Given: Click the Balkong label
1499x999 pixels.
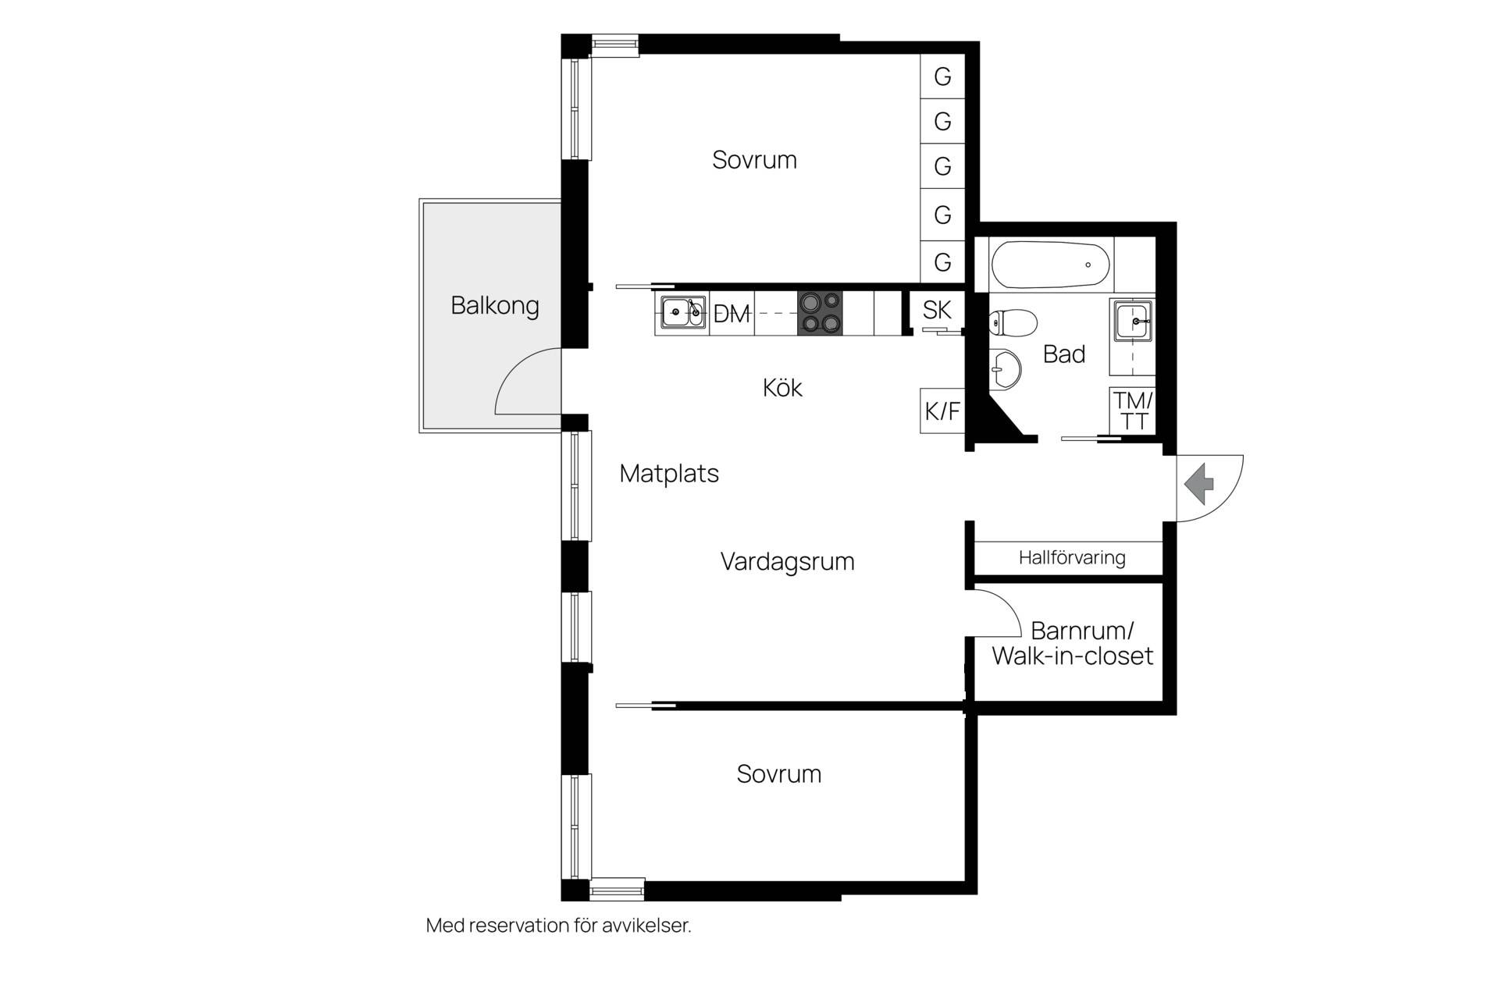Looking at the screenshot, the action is coord(495,305).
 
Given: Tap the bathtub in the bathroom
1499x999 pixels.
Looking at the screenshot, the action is coord(1050,265).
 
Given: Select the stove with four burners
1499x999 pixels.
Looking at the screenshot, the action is coord(820,312).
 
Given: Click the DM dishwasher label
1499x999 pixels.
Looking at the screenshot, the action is coord(732,314).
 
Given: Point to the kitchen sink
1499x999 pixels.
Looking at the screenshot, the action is coord(682,312).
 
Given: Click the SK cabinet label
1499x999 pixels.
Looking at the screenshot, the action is coord(937,310).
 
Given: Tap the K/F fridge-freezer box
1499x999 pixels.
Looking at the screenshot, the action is coord(942,411).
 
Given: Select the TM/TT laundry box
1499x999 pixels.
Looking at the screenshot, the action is coord(1133,411).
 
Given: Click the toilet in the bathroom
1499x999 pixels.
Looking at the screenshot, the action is coord(1013,321).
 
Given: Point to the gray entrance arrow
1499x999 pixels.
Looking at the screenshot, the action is coord(1200,484).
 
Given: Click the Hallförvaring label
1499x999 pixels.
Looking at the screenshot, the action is coord(1072,557).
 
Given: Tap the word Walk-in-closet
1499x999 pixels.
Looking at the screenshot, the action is coord(1073,656).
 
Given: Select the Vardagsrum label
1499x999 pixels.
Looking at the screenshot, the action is coord(787,561).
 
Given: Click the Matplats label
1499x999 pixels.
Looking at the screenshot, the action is coord(669,474).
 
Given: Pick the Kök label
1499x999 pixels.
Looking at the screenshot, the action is coord(782,387).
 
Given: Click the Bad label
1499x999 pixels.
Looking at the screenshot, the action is coord(1064,354).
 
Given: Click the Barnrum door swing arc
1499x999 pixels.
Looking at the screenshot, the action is coord(1005,601).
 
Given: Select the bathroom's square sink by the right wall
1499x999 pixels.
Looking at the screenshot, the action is coord(1132,320).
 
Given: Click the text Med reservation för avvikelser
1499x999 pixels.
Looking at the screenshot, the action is coord(559,926).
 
